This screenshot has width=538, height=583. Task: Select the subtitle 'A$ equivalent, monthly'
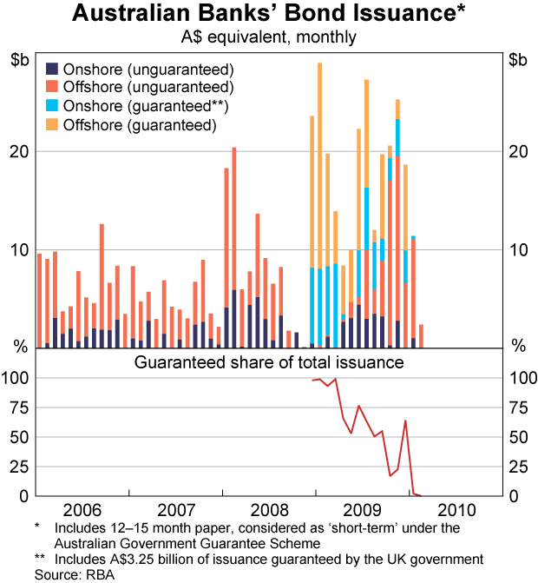tap(268, 37)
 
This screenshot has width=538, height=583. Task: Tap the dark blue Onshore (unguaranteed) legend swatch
tap(51, 69)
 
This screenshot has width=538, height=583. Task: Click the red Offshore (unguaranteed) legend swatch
tap(51, 88)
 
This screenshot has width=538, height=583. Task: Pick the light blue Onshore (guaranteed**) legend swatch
tap(51, 107)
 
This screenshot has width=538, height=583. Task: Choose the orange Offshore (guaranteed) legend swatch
tap(51, 126)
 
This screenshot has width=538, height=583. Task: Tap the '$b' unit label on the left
tap(20, 60)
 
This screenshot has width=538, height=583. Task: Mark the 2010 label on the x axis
tap(456, 508)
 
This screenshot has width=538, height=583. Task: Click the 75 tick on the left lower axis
tap(20, 407)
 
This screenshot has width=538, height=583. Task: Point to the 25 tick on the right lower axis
tap(517, 467)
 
